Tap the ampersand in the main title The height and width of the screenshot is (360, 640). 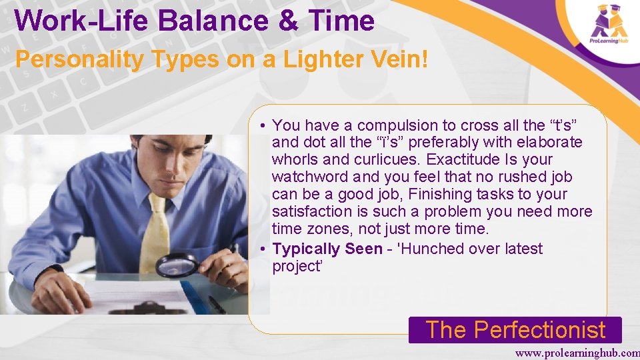pos(287,21)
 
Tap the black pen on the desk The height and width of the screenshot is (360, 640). pos(217,305)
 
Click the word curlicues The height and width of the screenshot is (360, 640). pos(385,160)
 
